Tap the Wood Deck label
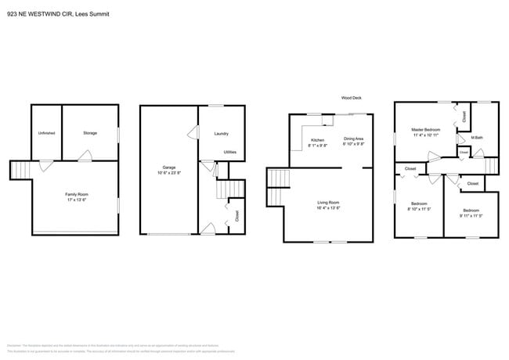350,98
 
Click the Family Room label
76,193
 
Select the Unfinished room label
46,133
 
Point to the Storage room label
90,133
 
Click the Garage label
168,167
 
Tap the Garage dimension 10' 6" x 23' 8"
168,172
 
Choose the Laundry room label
221,134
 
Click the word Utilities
230,152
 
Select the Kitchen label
317,140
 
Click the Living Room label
327,203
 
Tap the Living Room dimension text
327,208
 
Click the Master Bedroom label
427,129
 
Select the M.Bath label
476,139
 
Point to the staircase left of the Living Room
278,179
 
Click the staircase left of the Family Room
22,170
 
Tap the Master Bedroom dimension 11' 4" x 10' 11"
427,135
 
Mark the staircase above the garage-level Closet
227,189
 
